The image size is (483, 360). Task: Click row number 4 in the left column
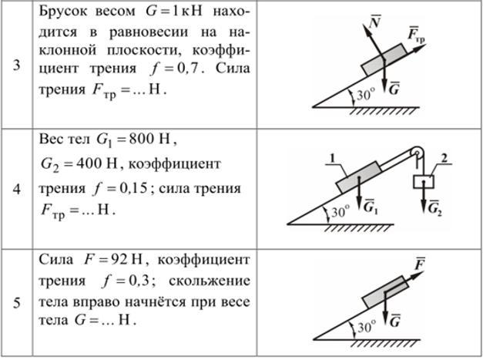pyautogui.click(x=15, y=187)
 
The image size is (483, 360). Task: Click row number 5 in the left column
pyautogui.click(x=15, y=302)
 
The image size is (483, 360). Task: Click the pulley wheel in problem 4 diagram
pyautogui.click(x=417, y=151)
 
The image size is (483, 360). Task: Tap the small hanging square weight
pyautogui.click(x=424, y=183)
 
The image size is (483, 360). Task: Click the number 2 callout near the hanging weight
pyautogui.click(x=444, y=158)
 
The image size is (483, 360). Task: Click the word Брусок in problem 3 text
pyautogui.click(x=63, y=13)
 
